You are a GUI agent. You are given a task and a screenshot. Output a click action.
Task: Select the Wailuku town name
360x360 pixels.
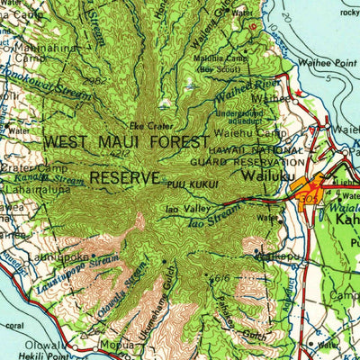tap(260, 177)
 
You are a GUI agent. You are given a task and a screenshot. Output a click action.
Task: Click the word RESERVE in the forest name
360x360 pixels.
tap(125, 177)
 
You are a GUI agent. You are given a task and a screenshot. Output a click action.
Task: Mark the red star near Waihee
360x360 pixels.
tap(253, 26)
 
